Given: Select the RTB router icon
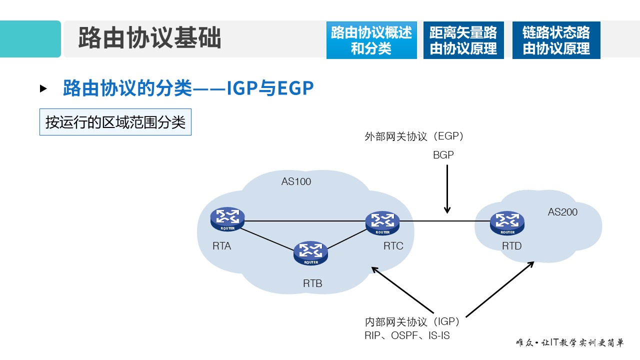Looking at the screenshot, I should [311, 253].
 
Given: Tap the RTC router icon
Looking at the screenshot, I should [382, 223].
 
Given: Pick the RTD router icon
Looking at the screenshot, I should [507, 223].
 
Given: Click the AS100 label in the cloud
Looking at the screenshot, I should [296, 181].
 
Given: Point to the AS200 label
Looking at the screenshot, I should [562, 212].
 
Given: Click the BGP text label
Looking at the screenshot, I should [443, 155].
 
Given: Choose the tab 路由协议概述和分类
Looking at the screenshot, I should [371, 40].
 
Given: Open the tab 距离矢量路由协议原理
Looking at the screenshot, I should [463, 40].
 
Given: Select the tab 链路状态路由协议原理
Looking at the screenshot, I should [556, 40].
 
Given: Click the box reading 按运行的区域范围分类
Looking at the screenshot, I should [115, 122].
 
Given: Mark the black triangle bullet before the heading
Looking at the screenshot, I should [43, 88].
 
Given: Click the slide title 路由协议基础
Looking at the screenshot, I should [149, 39].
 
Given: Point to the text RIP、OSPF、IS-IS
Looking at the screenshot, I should [407, 335].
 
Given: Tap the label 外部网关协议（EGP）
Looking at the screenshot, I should [414, 136].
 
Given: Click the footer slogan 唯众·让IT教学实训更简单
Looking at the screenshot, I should [570, 343].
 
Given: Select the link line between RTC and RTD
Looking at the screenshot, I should [437, 220].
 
